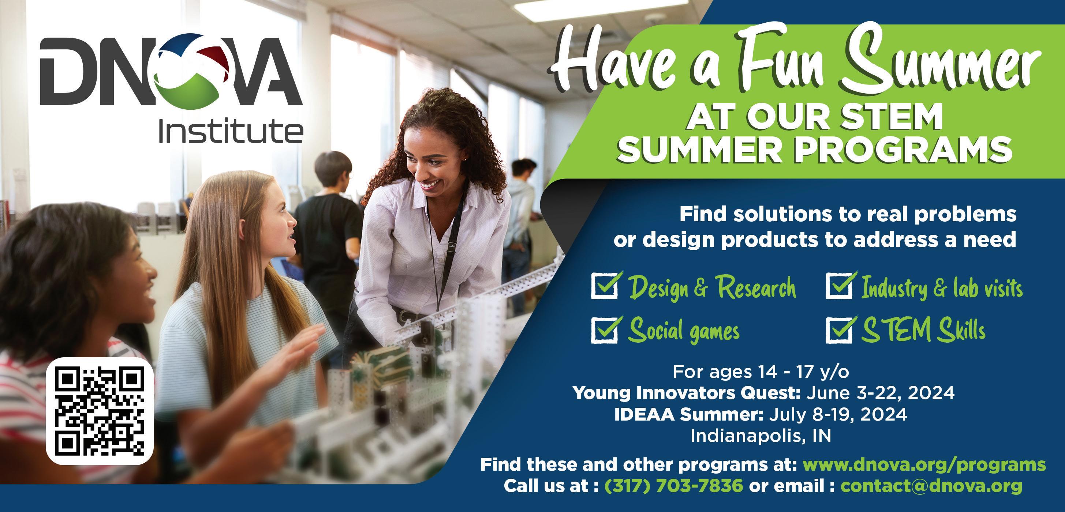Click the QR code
(100, 411)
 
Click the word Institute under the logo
(231, 131)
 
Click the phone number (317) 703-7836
(674, 486)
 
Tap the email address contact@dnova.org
(931, 486)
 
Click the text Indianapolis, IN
(761, 436)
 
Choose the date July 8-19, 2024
(838, 414)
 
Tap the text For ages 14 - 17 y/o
(761, 372)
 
